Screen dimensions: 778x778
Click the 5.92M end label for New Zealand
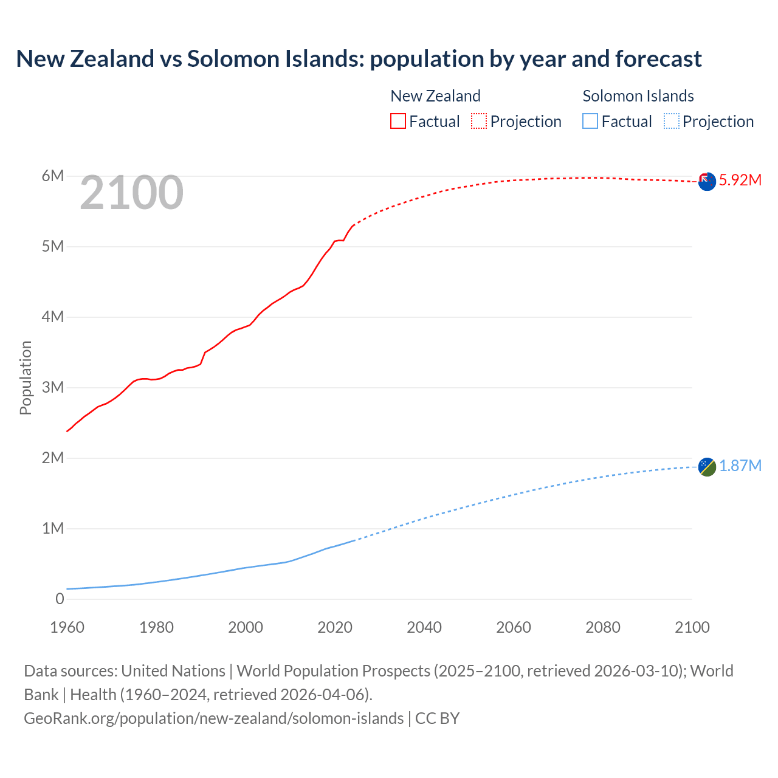(740, 180)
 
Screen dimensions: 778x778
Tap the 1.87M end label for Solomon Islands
(740, 466)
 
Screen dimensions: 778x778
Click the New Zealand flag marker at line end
(707, 181)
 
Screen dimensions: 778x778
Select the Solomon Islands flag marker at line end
(707, 467)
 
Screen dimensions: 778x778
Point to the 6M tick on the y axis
(52, 176)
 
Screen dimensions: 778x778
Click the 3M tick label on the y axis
(52, 388)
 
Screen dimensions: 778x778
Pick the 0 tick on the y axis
(60, 599)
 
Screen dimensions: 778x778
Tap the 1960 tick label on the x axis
(67, 627)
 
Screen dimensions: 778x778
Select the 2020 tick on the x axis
(335, 627)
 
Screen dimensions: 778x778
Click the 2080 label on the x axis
(603, 627)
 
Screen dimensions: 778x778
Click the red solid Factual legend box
(398, 121)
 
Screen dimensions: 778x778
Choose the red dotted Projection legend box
(479, 121)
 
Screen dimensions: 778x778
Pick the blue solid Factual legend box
(590, 121)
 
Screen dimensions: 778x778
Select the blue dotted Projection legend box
(671, 121)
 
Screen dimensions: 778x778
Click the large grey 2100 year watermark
(131, 193)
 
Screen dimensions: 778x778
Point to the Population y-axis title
(26, 377)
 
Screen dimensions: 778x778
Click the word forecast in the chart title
(658, 59)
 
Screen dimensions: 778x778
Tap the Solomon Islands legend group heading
(638, 96)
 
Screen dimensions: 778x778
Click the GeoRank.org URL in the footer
(213, 718)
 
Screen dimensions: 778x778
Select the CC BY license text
(437, 718)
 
